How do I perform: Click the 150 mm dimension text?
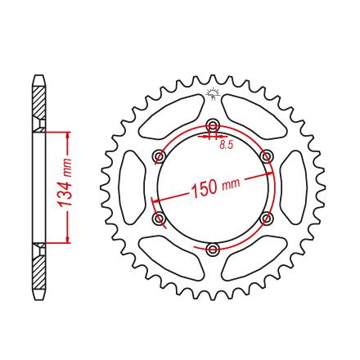tap(216, 187)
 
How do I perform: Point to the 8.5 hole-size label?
tap(227, 145)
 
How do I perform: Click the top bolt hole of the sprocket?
tap(213, 125)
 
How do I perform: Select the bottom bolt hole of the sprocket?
tap(213, 249)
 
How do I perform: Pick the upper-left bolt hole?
tap(160, 156)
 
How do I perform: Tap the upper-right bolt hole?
tap(267, 156)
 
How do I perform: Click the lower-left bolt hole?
tap(160, 218)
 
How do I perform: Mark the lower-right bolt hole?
tap(267, 218)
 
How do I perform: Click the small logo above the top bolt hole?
tap(213, 93)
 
